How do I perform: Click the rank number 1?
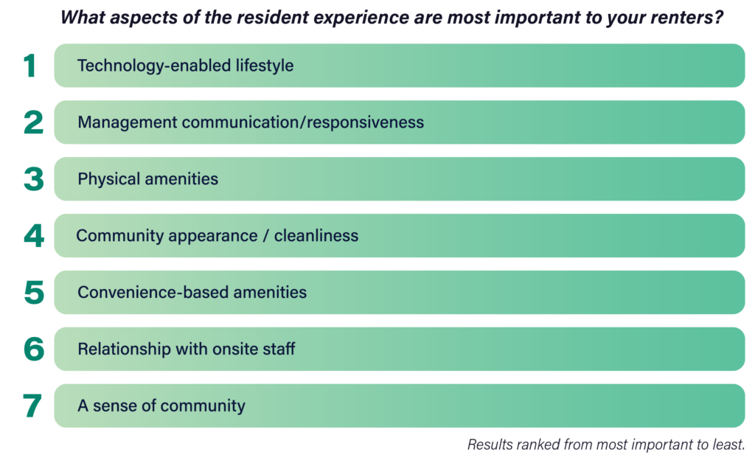coord(29,66)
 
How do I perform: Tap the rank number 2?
coord(33,122)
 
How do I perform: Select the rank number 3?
coord(34,179)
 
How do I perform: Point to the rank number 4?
coord(34,236)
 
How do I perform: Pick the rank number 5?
coord(34,292)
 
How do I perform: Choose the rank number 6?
coord(34,349)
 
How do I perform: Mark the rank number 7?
coord(32,406)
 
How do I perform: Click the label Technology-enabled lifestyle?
coord(185,66)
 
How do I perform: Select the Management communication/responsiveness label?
coord(251,122)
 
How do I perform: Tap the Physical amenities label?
coord(147,179)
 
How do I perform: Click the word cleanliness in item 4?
coord(316,235)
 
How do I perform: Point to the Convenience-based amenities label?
coord(192,292)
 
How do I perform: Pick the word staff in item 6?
coord(279,349)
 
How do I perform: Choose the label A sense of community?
coord(161,406)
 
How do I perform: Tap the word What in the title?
coord(83,18)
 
